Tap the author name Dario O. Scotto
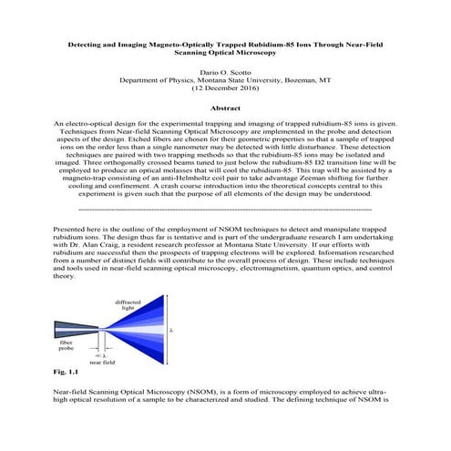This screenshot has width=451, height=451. click(x=225, y=71)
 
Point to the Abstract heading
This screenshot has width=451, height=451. click(x=225, y=108)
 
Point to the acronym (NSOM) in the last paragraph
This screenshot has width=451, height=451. click(x=216, y=389)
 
